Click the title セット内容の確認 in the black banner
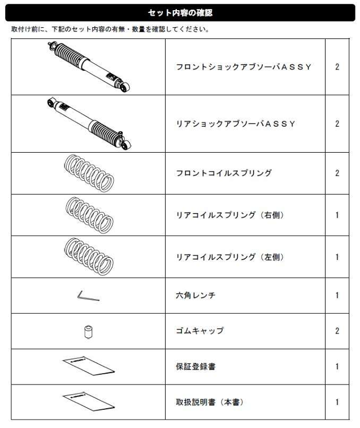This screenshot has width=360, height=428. click(180, 12)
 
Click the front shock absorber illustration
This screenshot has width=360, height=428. click(89, 67)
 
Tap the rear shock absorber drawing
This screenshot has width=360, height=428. click(89, 123)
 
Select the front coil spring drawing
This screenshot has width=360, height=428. click(89, 173)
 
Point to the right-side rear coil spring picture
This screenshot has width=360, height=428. click(89, 215)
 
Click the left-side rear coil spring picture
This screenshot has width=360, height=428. click(89, 257)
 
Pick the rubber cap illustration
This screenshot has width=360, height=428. click(88, 332)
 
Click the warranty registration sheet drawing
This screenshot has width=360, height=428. click(88, 366)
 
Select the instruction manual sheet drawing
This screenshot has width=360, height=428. click(88, 401)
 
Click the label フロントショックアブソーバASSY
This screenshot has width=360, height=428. click(244, 67)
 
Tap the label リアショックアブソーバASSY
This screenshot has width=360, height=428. click(236, 124)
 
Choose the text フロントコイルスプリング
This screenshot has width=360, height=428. click(224, 173)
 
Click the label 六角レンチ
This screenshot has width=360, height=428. click(196, 295)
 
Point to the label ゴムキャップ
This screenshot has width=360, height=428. click(200, 331)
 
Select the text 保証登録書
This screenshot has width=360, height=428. click(196, 366)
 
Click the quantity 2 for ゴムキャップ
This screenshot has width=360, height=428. click(337, 331)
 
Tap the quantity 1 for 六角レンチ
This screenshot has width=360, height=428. click(337, 295)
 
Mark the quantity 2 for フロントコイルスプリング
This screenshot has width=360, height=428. click(337, 173)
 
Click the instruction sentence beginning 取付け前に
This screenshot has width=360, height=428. click(110, 29)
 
